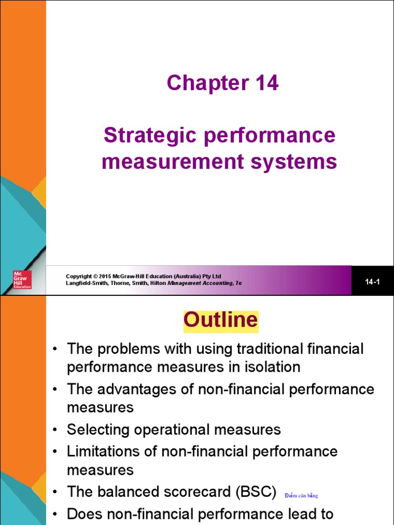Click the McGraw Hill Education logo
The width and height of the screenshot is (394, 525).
coord(23,279)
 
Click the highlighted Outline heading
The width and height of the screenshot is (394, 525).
coord(221,320)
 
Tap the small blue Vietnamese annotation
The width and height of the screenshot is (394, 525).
coord(301,495)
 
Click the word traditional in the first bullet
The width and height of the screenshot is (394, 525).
coord(272,349)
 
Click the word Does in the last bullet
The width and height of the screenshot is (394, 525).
coord(85,513)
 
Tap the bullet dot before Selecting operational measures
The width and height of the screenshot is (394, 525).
coord(54,430)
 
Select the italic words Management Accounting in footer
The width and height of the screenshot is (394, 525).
coord(201,283)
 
